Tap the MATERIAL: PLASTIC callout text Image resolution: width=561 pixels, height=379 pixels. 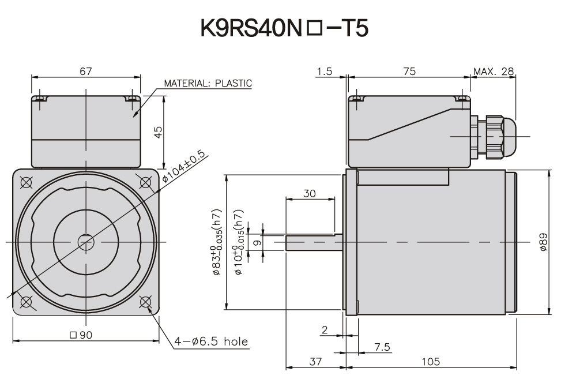(x=208, y=83)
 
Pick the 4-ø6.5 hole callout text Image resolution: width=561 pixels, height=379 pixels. (x=212, y=342)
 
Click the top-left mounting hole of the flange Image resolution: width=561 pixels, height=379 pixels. (x=26, y=182)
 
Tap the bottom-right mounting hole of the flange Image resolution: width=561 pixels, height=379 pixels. (x=144, y=302)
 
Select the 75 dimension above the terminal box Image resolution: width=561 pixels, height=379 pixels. (x=409, y=71)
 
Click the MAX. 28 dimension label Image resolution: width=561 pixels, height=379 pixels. (x=494, y=71)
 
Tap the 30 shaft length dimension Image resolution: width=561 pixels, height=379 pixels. (x=309, y=194)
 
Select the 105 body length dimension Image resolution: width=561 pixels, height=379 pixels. (x=431, y=362)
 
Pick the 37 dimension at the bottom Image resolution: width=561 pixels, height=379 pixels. (x=315, y=362)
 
